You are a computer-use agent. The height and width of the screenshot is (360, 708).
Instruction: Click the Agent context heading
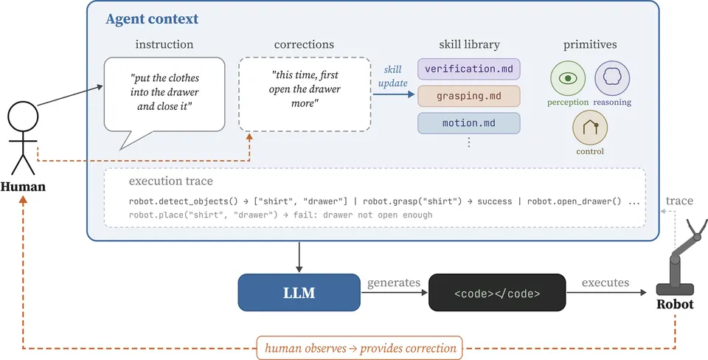pyautogui.click(x=152, y=19)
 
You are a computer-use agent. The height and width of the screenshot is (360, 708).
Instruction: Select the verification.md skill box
pyautogui.click(x=469, y=69)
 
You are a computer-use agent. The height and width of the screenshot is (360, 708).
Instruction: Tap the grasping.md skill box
pyautogui.click(x=469, y=96)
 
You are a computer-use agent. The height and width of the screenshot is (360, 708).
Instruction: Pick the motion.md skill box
pyautogui.click(x=469, y=123)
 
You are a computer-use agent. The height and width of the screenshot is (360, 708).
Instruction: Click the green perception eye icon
pyautogui.click(x=568, y=79)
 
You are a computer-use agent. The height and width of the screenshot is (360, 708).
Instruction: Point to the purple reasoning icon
pyautogui.click(x=612, y=79)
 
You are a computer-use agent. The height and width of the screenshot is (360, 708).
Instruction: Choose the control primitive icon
pyautogui.click(x=590, y=128)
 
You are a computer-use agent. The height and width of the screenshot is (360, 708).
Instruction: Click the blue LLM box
pyautogui.click(x=299, y=293)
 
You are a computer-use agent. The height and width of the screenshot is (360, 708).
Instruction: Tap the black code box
pyautogui.click(x=496, y=293)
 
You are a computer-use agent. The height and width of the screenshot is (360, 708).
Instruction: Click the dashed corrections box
pyautogui.click(x=305, y=94)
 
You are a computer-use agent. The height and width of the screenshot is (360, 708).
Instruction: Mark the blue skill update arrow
pyautogui.click(x=393, y=94)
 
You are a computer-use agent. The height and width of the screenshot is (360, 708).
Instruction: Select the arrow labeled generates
pyautogui.click(x=394, y=293)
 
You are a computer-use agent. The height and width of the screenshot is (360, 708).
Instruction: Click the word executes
pyautogui.click(x=605, y=283)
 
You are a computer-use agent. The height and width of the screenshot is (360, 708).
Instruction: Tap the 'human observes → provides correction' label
pyautogui.click(x=360, y=348)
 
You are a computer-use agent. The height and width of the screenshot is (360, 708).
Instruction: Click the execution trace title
pyautogui.click(x=170, y=181)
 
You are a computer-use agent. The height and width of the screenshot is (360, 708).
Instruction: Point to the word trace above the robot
pyautogui.click(x=679, y=201)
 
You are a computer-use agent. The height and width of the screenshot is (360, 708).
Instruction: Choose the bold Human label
pyautogui.click(x=23, y=187)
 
